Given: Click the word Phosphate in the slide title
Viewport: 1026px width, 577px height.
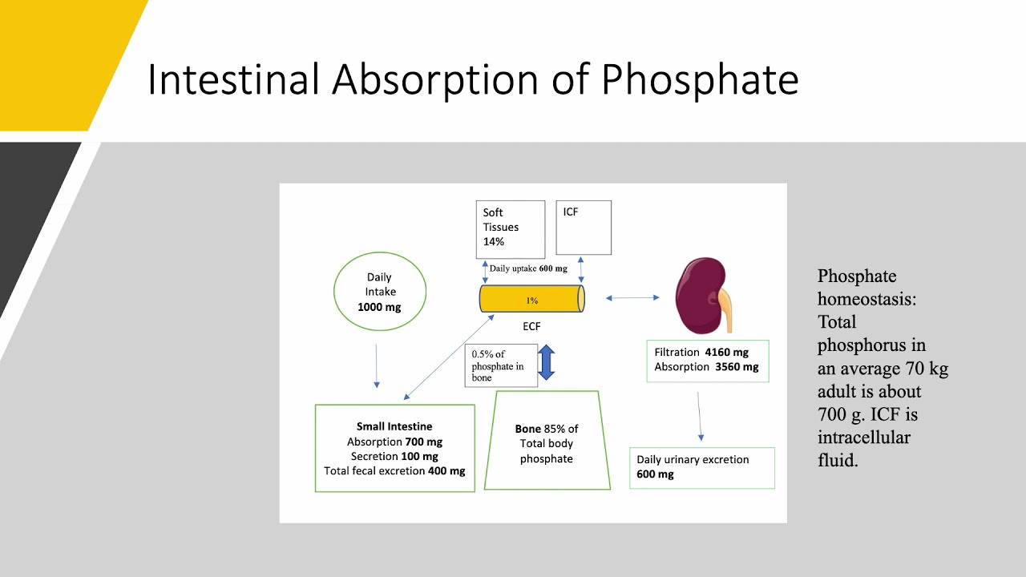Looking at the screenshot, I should click(700, 80).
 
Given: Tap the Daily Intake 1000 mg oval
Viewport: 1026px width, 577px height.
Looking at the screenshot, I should click(379, 292).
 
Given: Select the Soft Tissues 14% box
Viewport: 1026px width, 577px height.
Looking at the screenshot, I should click(510, 228).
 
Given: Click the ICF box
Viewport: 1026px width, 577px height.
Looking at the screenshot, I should click(584, 228).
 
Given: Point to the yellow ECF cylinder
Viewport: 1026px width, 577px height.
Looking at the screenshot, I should click(532, 300).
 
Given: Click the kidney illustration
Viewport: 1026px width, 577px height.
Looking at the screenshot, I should click(697, 295).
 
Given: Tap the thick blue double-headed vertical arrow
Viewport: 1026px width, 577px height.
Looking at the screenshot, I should click(546, 362).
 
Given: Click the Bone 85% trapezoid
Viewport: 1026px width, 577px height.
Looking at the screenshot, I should click(547, 442).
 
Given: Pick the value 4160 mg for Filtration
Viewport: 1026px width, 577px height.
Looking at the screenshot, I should click(726, 352).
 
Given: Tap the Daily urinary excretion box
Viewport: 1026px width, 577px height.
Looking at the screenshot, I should click(702, 467).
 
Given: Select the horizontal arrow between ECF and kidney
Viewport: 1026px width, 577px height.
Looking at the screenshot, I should click(632, 298).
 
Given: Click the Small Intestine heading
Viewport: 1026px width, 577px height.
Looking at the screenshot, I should click(394, 426).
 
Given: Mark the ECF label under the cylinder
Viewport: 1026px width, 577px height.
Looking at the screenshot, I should click(531, 326).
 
